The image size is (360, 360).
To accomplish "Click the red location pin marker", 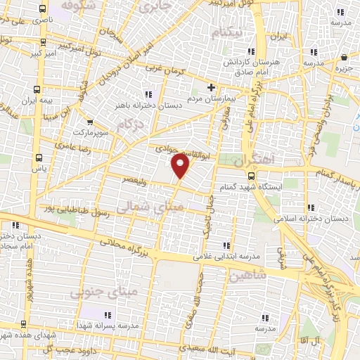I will point(181,165).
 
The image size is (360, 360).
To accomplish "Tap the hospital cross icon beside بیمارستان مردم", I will point(211,87).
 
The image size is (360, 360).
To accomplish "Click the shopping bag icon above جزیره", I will point(343,58).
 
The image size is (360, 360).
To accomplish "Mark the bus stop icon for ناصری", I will point(44,10).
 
